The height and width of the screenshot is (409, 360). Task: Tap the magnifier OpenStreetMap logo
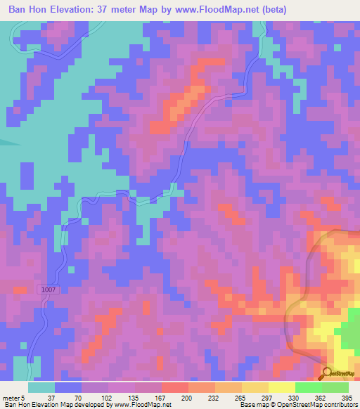pyautogui.click(x=328, y=373)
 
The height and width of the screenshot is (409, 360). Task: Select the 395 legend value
pyautogui.click(x=346, y=397)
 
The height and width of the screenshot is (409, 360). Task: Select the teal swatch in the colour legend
pyautogui.click(x=41, y=387)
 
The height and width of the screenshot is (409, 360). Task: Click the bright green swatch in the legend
pyautogui.click(x=308, y=387)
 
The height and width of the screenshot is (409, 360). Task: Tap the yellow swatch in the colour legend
pyautogui.click(x=281, y=387)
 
